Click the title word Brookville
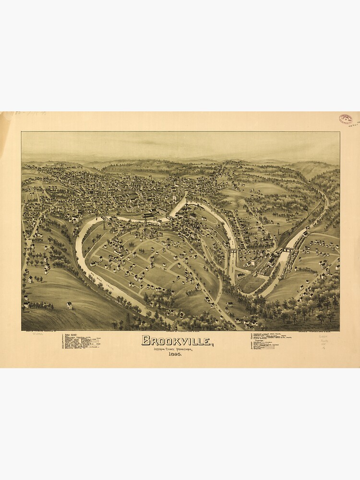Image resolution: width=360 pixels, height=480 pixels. [x=176, y=341]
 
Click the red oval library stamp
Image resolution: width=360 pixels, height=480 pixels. [x=346, y=119]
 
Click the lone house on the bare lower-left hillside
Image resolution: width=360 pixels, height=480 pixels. [x=70, y=305]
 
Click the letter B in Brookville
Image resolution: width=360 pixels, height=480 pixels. [x=145, y=341]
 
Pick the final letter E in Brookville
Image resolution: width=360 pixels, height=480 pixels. [x=207, y=341]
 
